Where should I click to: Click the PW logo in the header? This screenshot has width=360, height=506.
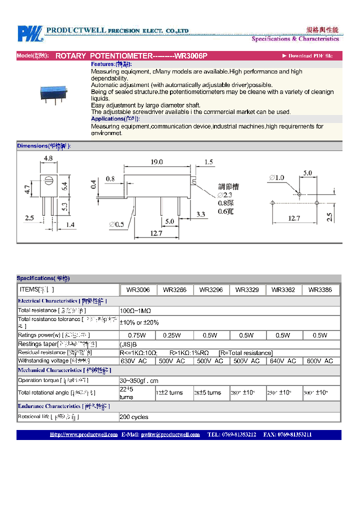point(30,33)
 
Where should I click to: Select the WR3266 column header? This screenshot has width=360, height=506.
point(175,290)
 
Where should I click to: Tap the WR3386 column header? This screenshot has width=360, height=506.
point(320,290)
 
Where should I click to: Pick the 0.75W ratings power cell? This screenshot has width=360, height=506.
point(137,335)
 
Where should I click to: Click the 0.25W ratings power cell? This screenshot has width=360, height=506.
point(174,335)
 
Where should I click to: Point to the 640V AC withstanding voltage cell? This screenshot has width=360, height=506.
point(283,361)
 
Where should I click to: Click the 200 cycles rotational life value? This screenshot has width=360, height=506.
point(134,417)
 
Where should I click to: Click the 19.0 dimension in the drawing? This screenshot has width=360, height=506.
point(156,161)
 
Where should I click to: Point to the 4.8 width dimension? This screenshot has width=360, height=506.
point(48,158)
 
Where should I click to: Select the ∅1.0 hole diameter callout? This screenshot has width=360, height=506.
point(276,177)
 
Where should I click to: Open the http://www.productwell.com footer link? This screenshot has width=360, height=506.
point(83,435)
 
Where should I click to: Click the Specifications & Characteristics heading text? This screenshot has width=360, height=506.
point(295,39)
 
